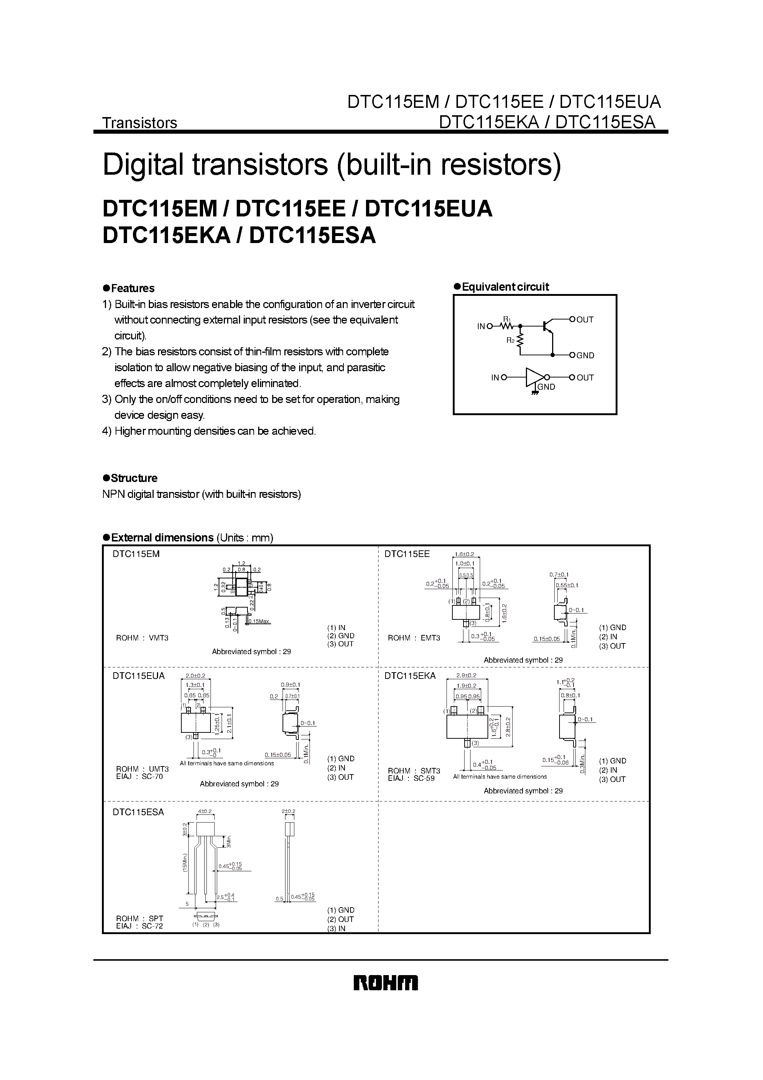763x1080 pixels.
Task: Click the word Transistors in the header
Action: (140, 123)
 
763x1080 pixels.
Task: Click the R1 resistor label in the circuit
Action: (506, 319)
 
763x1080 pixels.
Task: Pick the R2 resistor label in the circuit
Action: (510, 340)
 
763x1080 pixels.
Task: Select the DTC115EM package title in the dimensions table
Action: (136, 554)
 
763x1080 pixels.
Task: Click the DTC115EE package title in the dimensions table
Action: (407, 554)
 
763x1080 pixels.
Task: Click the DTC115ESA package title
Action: (138, 812)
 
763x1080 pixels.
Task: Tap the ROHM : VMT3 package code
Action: (142, 638)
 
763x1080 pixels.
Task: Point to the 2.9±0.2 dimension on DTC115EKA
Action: (466, 676)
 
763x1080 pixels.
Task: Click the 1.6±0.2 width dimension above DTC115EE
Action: (464, 554)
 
